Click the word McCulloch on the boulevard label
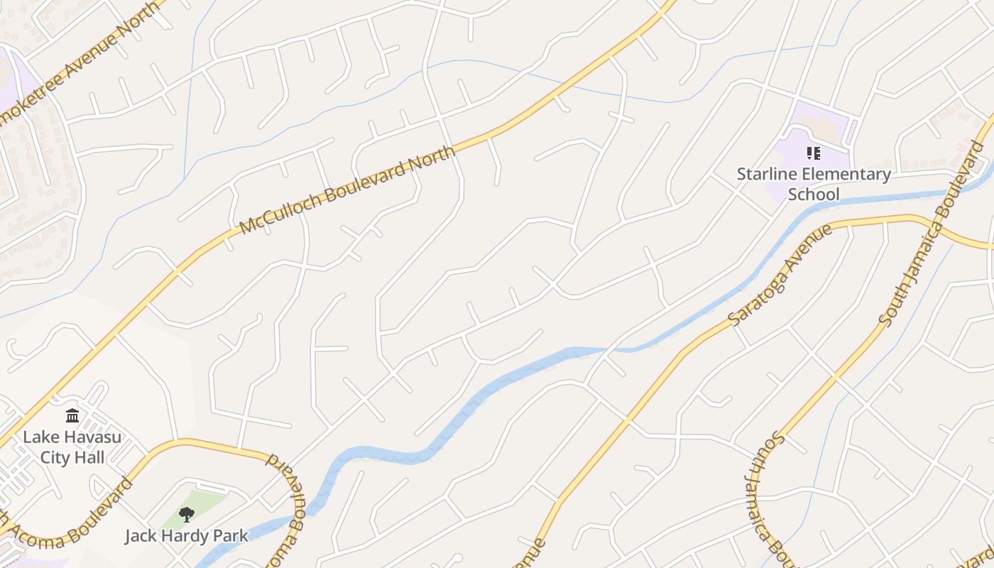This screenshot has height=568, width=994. [273, 211]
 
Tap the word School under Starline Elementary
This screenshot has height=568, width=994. [814, 195]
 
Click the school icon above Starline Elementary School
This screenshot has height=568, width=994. [814, 153]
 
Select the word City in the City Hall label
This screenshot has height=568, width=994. [55, 457]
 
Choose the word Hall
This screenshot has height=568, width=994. [89, 457]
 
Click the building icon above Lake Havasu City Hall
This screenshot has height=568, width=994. [72, 416]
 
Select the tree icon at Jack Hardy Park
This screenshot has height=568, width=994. [187, 514]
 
